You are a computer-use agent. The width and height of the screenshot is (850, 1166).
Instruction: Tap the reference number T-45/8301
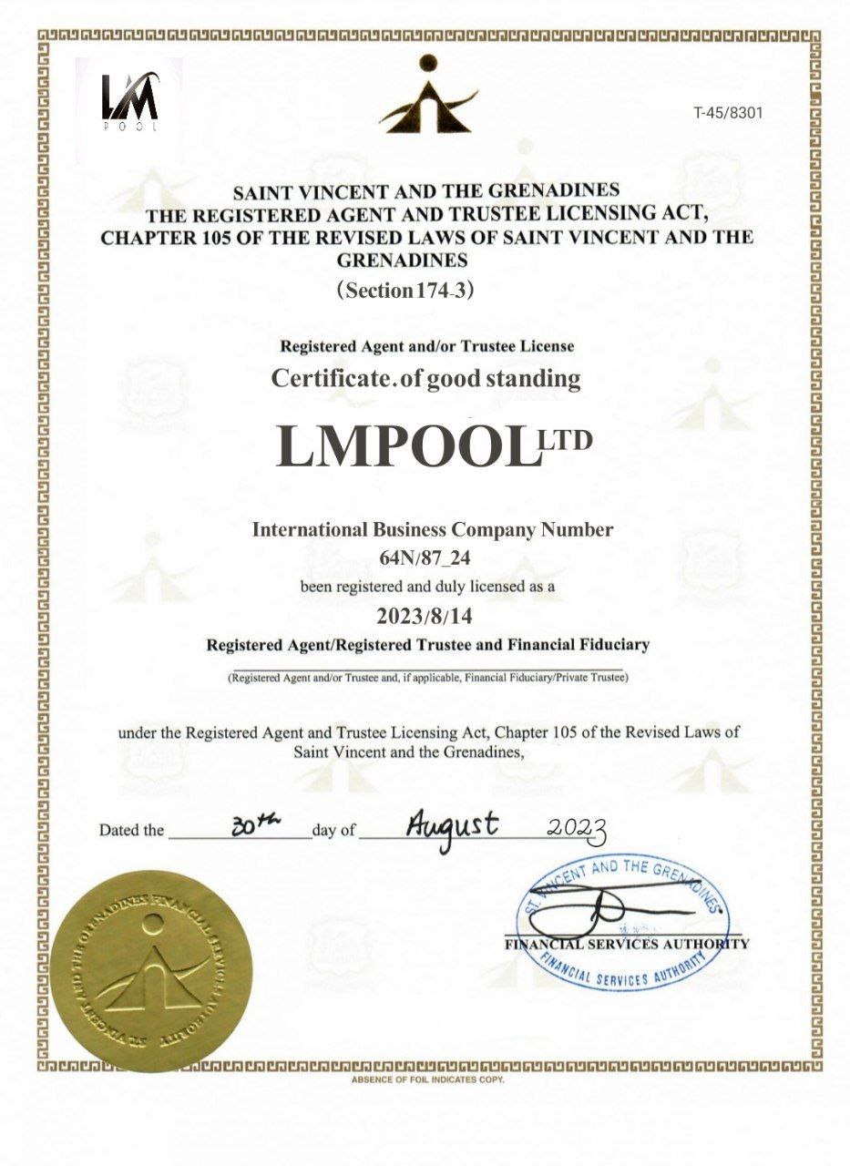727,113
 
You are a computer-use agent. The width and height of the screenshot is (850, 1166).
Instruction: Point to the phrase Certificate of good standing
425,379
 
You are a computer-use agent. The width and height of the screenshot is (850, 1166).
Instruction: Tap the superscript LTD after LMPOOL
566,440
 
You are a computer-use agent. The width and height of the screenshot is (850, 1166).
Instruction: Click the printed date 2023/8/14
425,615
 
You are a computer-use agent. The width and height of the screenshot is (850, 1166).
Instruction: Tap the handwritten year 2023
577,827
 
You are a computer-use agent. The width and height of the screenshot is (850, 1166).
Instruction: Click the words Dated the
132,830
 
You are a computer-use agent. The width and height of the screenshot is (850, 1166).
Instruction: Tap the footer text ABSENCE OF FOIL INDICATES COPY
426,1079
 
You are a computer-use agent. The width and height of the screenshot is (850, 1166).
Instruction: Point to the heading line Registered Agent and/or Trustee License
425,347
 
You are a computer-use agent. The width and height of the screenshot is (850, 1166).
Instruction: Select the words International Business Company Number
432,529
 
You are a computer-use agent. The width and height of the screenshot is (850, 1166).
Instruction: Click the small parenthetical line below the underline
427,678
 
